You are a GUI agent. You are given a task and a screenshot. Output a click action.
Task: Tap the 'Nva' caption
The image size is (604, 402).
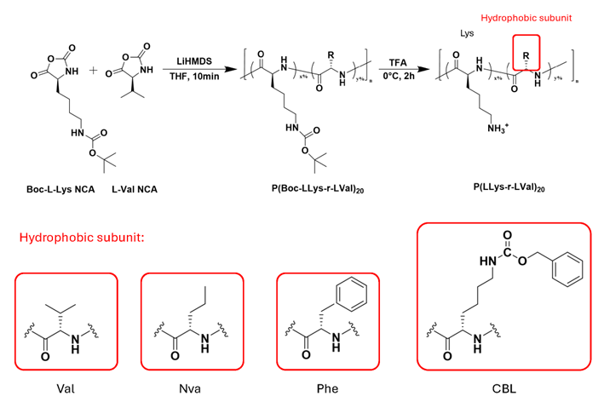coord(191,384)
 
